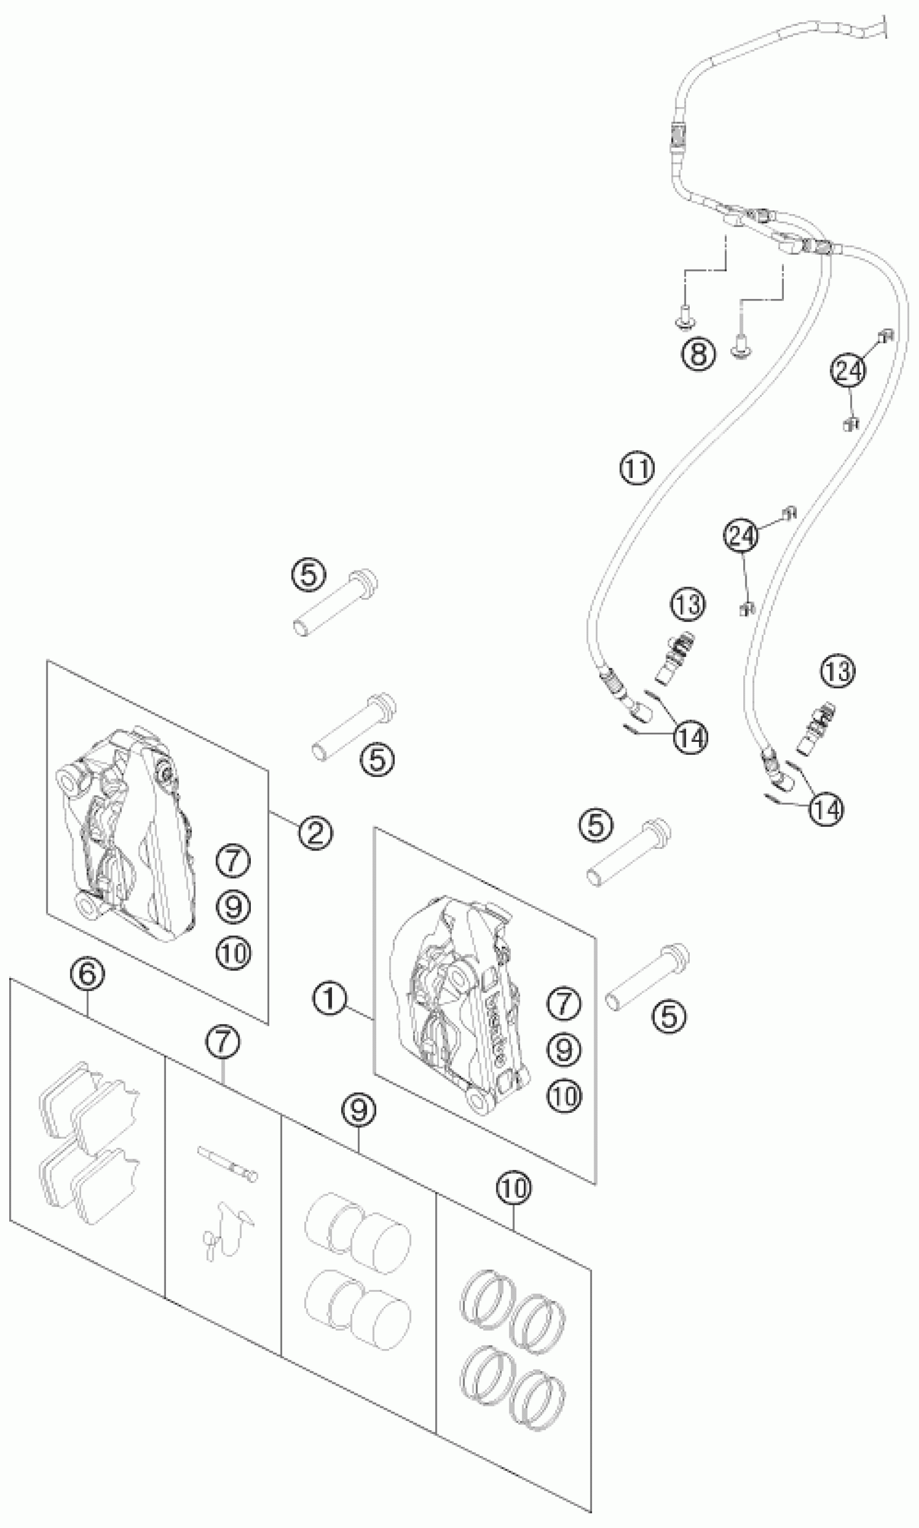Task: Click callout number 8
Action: point(698,355)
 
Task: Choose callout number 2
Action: point(315,833)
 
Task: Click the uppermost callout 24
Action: point(848,370)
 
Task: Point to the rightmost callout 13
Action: point(838,672)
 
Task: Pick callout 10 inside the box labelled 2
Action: point(234,954)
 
